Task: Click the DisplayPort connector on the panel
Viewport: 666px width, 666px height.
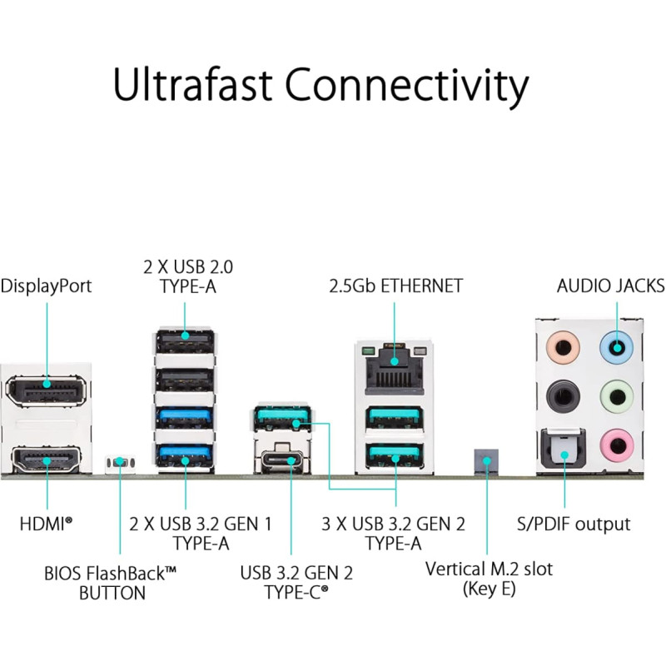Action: (46, 390)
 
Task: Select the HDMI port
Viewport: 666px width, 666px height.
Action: (46, 460)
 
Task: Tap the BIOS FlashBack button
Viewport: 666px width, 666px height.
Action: (120, 462)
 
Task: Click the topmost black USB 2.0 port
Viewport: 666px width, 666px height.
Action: (185, 340)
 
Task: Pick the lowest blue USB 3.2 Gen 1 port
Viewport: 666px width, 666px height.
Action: (185, 455)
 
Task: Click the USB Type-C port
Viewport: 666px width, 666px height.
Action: (282, 460)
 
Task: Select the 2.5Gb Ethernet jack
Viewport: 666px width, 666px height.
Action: (395, 369)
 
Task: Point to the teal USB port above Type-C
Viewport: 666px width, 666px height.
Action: (282, 418)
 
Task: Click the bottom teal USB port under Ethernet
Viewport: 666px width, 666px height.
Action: (395, 455)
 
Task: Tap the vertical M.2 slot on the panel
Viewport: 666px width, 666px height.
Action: (486, 462)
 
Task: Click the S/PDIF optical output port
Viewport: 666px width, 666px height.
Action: (564, 451)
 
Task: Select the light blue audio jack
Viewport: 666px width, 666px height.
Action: (616, 347)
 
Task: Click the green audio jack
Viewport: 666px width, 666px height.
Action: (617, 397)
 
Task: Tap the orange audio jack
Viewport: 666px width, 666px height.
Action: (563, 347)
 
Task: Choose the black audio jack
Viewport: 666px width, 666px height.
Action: (563, 397)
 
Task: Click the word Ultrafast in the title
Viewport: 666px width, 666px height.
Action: (192, 84)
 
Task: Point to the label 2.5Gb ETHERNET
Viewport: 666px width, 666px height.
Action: (396, 286)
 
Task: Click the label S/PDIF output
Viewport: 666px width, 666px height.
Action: (574, 524)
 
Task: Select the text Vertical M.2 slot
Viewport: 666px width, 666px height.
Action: (489, 569)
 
